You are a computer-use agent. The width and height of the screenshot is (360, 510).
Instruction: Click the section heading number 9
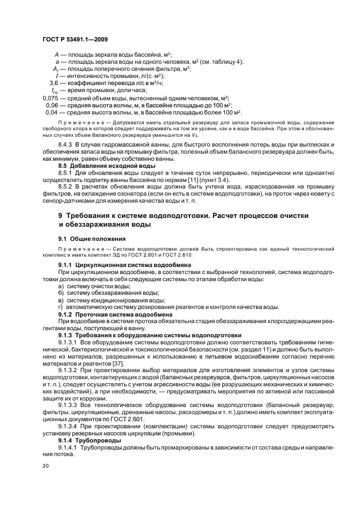pos(61,216)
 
